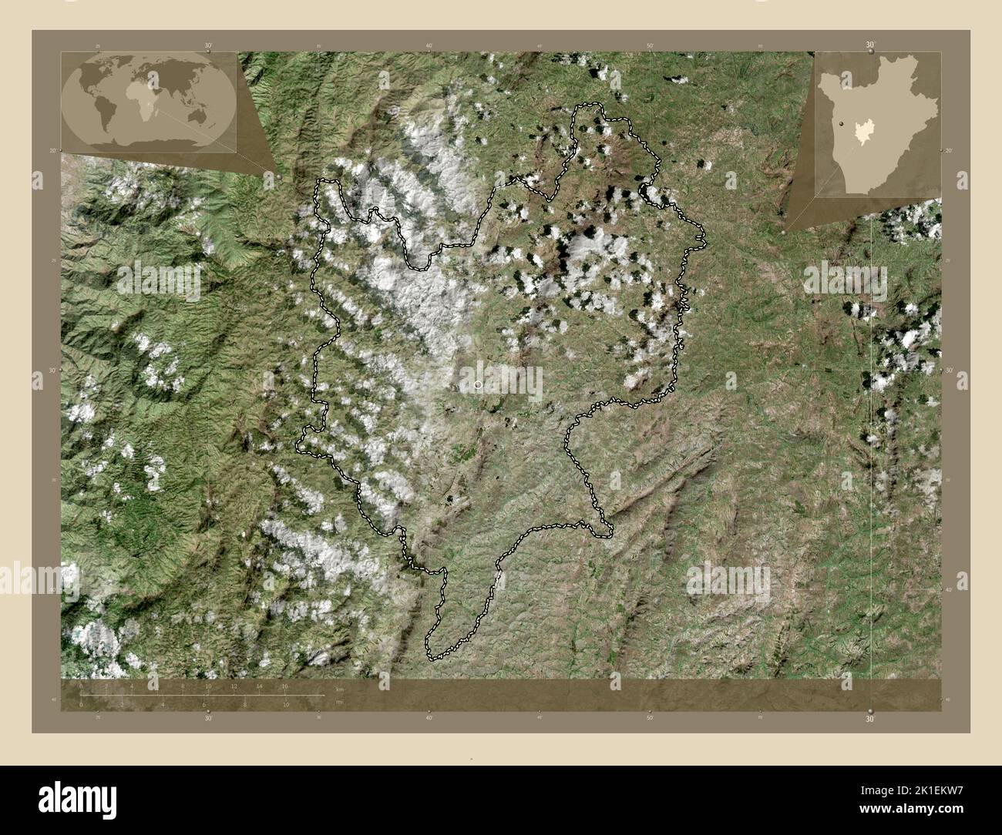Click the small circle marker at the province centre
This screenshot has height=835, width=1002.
(x=478, y=384)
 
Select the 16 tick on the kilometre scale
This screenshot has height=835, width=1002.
(x=284, y=686)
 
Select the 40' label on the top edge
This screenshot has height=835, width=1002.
(x=429, y=46)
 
